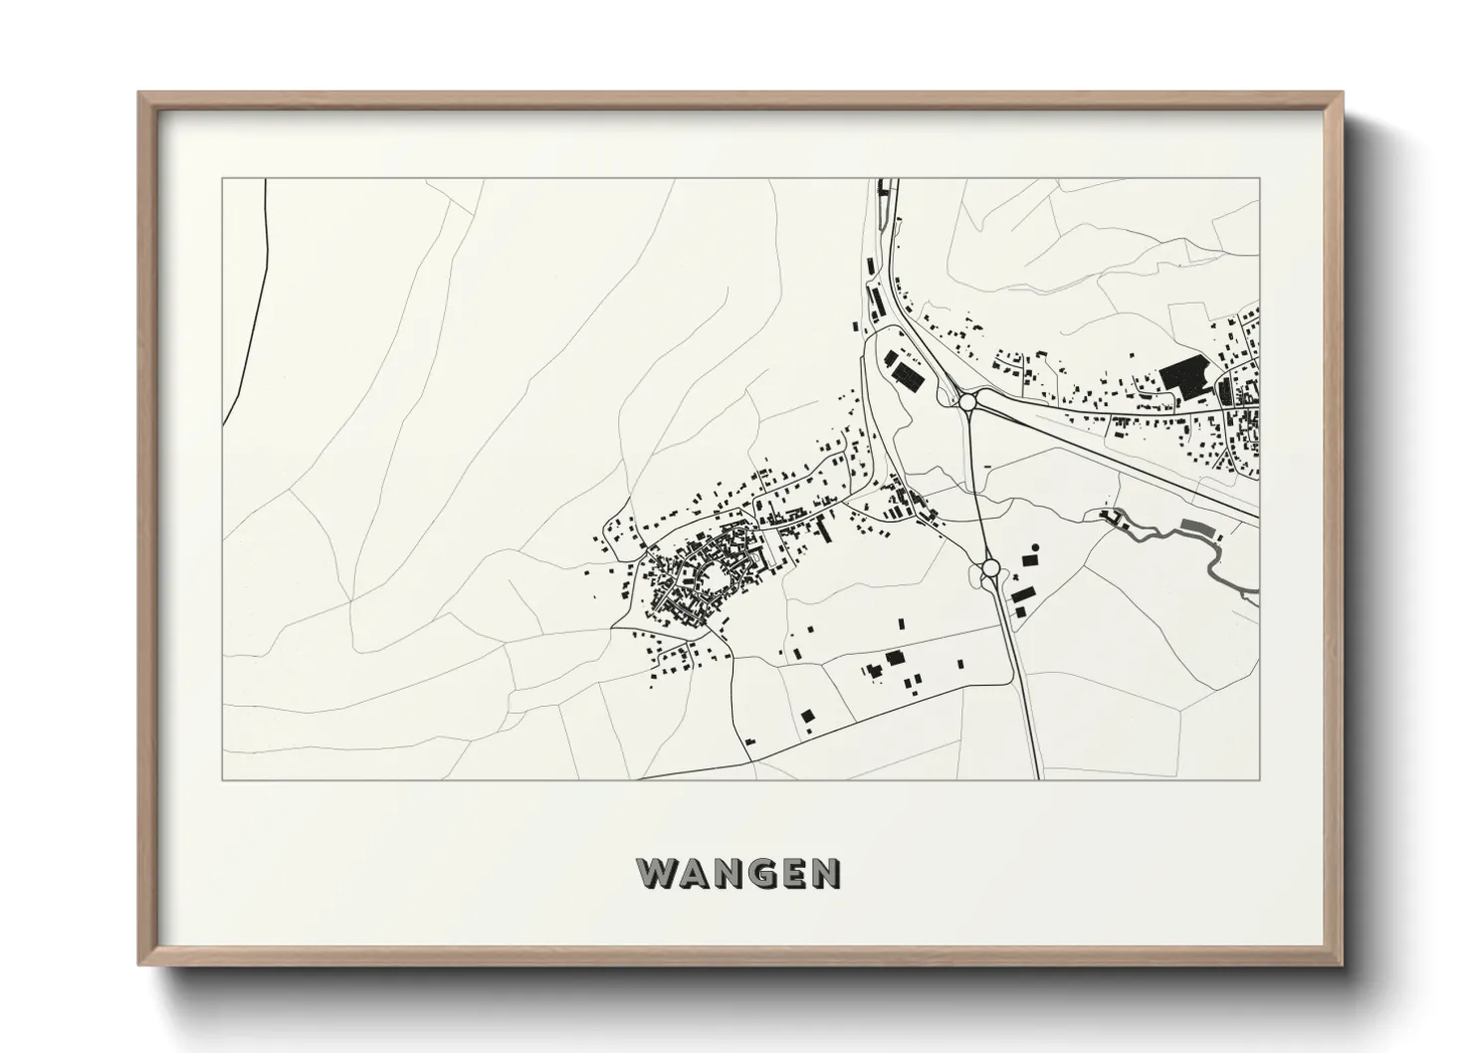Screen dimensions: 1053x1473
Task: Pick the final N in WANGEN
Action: (825, 873)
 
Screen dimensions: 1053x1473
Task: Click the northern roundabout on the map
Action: (967, 401)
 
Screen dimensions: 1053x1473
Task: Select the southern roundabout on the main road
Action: (990, 567)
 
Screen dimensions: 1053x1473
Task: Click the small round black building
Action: (1035, 547)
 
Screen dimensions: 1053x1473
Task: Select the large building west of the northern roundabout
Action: (906, 373)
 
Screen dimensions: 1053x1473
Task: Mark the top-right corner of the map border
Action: (1259, 179)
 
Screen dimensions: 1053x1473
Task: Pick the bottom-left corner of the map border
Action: (223, 779)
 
